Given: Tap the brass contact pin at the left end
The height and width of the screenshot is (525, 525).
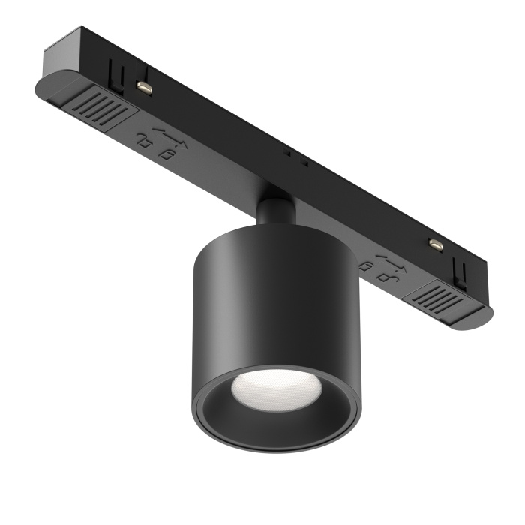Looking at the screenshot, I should pyautogui.click(x=145, y=88).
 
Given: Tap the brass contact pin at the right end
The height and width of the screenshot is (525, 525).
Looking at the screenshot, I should pyautogui.click(x=433, y=244).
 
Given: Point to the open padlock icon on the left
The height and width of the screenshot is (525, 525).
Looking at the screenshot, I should pyautogui.click(x=143, y=139).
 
